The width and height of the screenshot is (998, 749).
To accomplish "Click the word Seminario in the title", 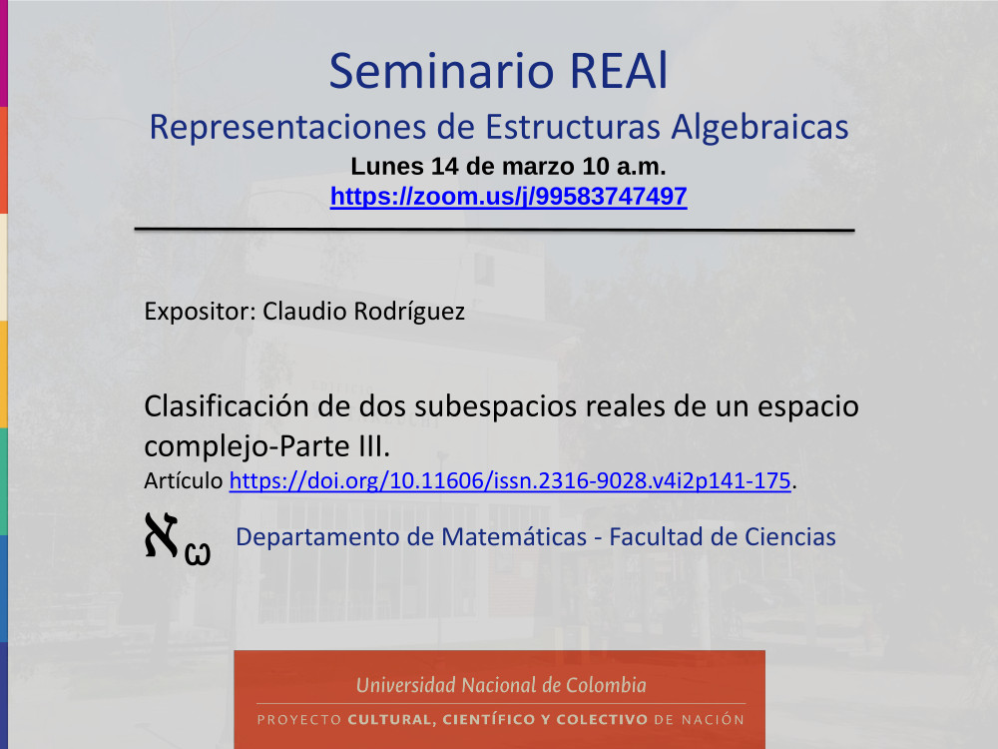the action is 442,71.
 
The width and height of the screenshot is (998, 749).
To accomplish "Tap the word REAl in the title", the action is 619,71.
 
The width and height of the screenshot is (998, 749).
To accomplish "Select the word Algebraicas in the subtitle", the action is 759,127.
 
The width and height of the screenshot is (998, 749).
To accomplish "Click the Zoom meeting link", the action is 509,196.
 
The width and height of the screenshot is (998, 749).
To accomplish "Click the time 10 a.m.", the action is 624,166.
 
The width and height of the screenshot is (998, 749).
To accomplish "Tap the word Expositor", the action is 200,312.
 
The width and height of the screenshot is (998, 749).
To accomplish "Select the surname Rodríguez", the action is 409,312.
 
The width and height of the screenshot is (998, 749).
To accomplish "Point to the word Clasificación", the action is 226,406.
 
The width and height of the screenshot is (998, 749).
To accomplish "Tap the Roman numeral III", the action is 374,445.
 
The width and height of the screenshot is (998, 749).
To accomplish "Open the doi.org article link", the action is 510,480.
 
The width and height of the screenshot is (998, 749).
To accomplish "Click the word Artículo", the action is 184,480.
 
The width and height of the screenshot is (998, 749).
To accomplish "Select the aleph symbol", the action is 162,535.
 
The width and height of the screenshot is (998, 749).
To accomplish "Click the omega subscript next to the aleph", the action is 198,553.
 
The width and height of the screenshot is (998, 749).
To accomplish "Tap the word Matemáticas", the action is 514,537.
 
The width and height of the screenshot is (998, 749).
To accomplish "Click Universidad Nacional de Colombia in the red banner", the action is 501,685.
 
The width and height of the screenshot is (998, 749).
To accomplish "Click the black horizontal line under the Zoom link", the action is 495,230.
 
